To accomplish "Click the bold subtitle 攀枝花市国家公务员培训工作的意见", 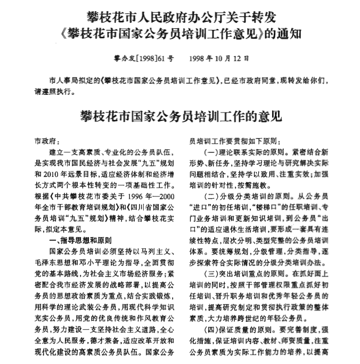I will click(x=180, y=116).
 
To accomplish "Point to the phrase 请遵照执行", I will click(x=54, y=91).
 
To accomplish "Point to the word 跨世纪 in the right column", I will click(x=269, y=313).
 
